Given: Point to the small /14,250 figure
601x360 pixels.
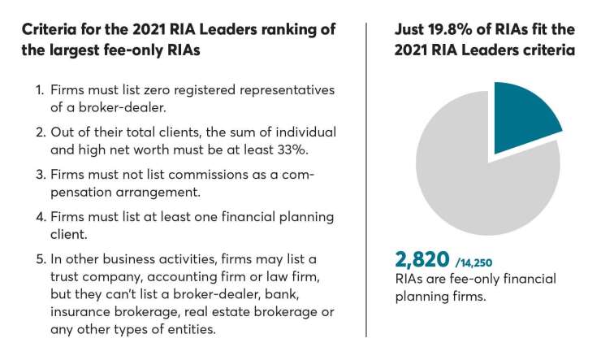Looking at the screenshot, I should point(474,262).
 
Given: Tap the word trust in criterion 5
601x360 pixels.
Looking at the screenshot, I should point(67,278).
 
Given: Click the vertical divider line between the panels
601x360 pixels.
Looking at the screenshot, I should point(366,179).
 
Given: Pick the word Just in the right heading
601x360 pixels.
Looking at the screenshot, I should point(410,29).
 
